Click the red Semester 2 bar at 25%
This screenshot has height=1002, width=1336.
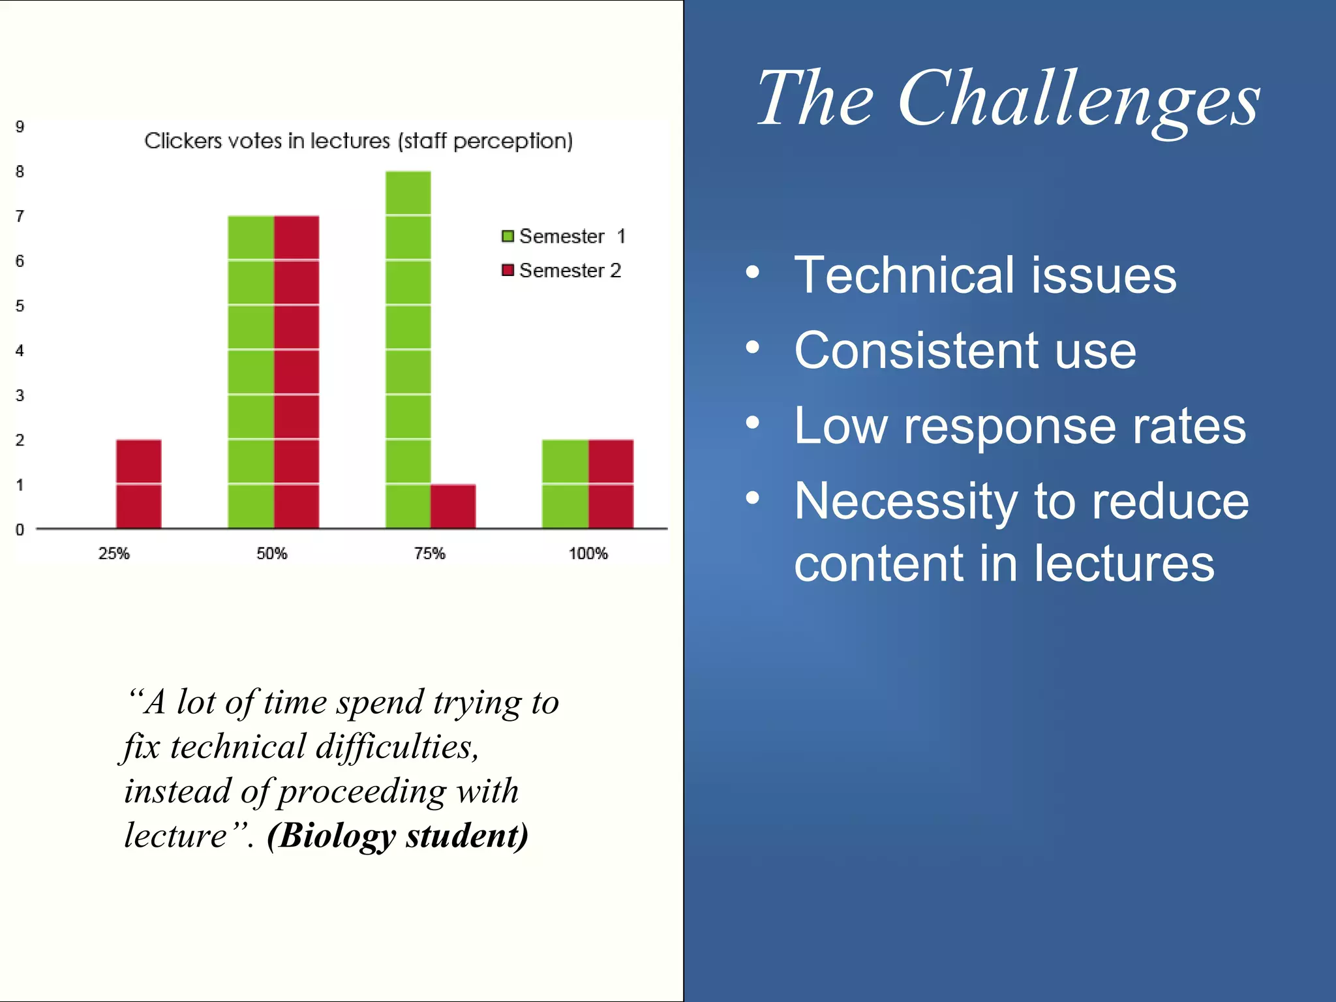[138, 483]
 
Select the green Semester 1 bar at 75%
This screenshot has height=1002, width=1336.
[408, 350]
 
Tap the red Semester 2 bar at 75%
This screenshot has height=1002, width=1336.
[453, 506]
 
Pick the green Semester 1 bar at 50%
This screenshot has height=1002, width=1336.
[250, 372]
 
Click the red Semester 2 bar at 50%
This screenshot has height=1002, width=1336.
[296, 372]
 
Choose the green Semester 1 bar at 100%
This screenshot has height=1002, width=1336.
[565, 483]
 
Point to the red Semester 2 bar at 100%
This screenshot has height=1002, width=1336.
[611, 483]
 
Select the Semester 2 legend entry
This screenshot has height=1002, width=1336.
[562, 270]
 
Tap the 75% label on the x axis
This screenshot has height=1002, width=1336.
[429, 553]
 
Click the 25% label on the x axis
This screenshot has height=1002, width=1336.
[114, 553]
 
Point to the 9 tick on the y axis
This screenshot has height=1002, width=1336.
[20, 127]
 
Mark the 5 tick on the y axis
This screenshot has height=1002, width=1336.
[20, 306]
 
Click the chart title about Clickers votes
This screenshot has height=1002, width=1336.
[358, 141]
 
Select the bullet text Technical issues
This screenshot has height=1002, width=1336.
[985, 275]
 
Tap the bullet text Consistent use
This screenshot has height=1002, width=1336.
[965, 351]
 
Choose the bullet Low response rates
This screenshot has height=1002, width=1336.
[1020, 427]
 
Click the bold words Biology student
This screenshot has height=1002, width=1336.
[398, 836]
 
